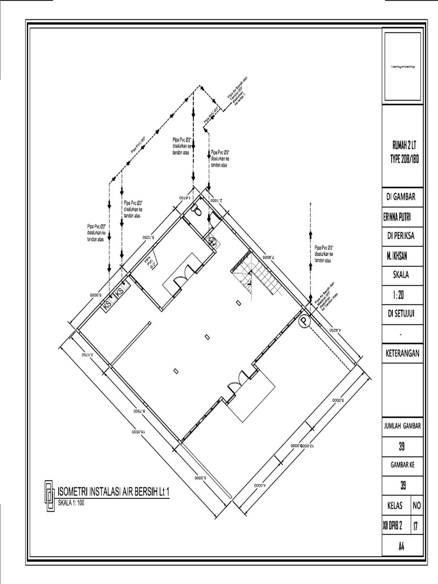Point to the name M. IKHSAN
pyautogui.click(x=402, y=255)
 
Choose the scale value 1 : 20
pyautogui.click(x=402, y=295)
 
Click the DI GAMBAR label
pyautogui.click(x=402, y=197)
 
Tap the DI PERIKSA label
pyautogui.click(x=402, y=236)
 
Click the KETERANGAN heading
pyautogui.click(x=402, y=354)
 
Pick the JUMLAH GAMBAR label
pyautogui.click(x=402, y=426)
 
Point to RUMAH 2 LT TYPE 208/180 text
pyautogui.click(x=402, y=152)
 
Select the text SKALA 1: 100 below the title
pyautogui.click(x=71, y=503)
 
